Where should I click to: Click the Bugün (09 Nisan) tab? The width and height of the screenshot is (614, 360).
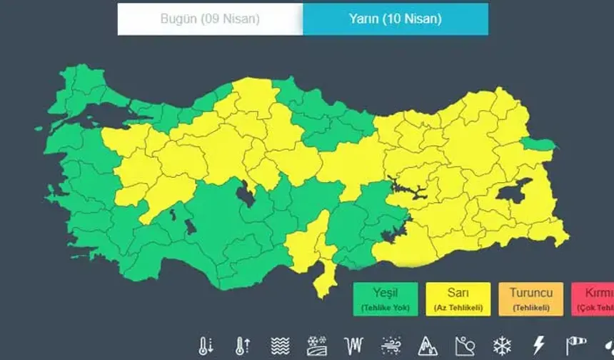[210, 19]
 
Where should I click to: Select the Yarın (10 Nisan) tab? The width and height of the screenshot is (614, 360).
[395, 19]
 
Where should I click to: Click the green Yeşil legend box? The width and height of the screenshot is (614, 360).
[385, 299]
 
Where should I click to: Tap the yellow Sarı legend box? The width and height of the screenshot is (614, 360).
[458, 299]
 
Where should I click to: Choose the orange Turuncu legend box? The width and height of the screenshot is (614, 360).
[530, 299]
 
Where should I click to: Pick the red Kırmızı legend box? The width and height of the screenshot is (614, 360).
[593, 299]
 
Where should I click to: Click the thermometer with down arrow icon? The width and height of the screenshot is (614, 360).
[206, 346]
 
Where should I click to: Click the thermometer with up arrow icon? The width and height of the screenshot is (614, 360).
[242, 346]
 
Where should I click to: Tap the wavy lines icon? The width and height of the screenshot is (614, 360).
[280, 346]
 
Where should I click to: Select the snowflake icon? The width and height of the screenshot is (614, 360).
[501, 346]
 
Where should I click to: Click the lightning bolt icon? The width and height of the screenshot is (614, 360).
[538, 346]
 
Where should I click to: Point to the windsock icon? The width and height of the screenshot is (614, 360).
[575, 346]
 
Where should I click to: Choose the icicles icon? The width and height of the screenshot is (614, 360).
[353, 346]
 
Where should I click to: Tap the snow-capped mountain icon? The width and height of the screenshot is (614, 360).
[427, 346]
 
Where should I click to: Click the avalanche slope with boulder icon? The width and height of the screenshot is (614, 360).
[464, 346]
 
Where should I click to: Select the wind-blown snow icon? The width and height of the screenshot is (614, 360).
[391, 346]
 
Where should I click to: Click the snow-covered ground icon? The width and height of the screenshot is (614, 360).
[316, 346]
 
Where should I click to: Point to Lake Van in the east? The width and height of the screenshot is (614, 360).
[513, 191]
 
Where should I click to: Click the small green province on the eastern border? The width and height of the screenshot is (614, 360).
[540, 144]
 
